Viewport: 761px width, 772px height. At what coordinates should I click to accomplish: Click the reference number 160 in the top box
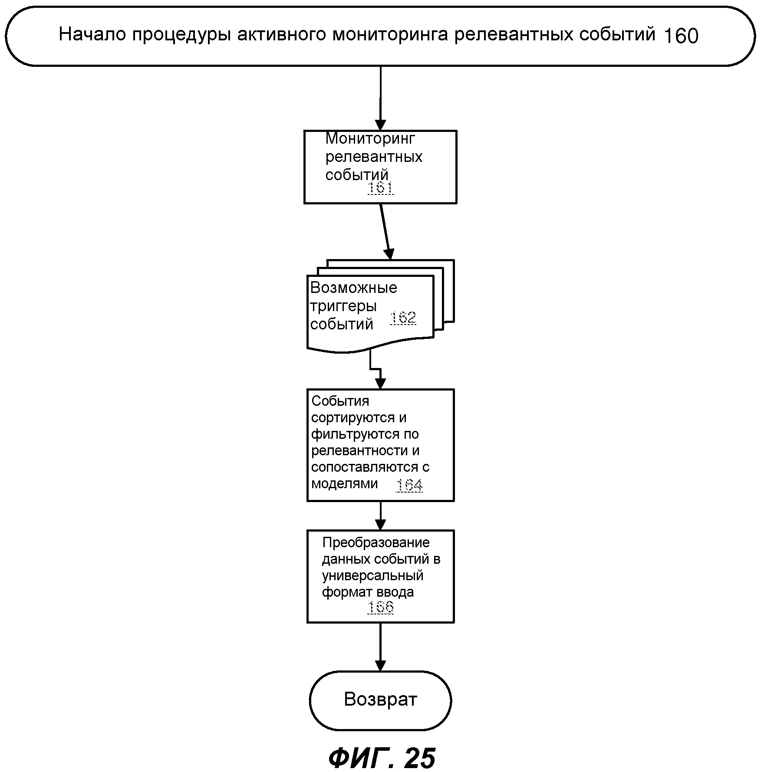681,36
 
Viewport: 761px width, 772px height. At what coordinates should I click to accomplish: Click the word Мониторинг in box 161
370,138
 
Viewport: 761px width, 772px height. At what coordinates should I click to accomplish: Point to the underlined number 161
381,188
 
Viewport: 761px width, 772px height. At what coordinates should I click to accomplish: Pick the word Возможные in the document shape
353,288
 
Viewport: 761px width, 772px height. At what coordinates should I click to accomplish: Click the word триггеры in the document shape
343,306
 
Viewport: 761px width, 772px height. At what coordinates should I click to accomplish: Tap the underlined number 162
403,318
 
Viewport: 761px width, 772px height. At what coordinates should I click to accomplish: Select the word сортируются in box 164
359,417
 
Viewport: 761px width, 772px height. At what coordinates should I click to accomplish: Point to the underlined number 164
409,484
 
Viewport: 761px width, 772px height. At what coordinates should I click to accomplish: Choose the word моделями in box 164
345,483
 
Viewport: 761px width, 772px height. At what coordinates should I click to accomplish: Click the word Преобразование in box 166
376,542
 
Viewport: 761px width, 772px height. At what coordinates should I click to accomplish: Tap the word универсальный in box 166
372,575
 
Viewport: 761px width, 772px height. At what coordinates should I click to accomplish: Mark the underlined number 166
381,607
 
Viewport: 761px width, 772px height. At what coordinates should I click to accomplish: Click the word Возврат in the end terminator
380,699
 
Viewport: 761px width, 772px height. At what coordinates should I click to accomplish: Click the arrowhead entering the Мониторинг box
380,125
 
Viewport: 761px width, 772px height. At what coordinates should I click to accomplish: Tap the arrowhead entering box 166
380,525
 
